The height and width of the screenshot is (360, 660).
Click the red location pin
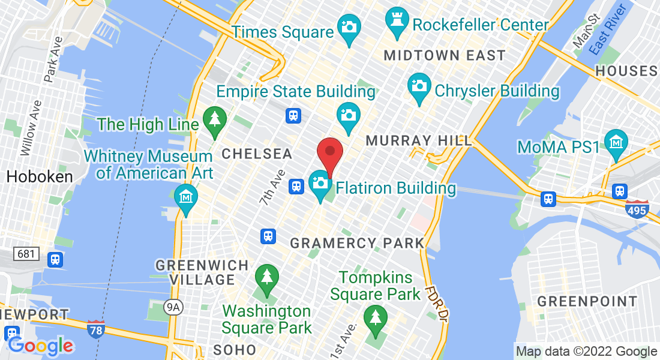pyautogui.click(x=329, y=153)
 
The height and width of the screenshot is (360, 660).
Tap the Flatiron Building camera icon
pyautogui.click(x=320, y=182)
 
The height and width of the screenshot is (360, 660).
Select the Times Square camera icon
pyautogui.click(x=348, y=27)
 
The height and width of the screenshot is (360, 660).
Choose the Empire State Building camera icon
pyautogui.click(x=347, y=113)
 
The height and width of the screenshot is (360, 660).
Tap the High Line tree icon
pyautogui.click(x=214, y=118)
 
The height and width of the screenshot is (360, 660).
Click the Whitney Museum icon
pyautogui.click(x=186, y=196)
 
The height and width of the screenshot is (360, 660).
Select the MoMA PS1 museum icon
pyautogui.click(x=616, y=142)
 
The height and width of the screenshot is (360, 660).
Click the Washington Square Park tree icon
pyautogui.click(x=267, y=277)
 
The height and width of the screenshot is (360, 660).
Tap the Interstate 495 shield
pyautogui.click(x=637, y=209)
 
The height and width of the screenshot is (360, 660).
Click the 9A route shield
pyautogui.click(x=173, y=308)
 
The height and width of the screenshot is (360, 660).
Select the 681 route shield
pyautogui.click(x=26, y=254)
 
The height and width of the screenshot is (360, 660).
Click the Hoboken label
pyautogui.click(x=39, y=176)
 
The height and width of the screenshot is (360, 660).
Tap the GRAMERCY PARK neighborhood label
pyautogui.click(x=358, y=244)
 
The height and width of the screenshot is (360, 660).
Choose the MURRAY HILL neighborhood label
pyautogui.click(x=419, y=140)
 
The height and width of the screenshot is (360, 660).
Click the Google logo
pyautogui.click(x=40, y=346)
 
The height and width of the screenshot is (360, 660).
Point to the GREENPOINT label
pyautogui.click(x=587, y=301)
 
